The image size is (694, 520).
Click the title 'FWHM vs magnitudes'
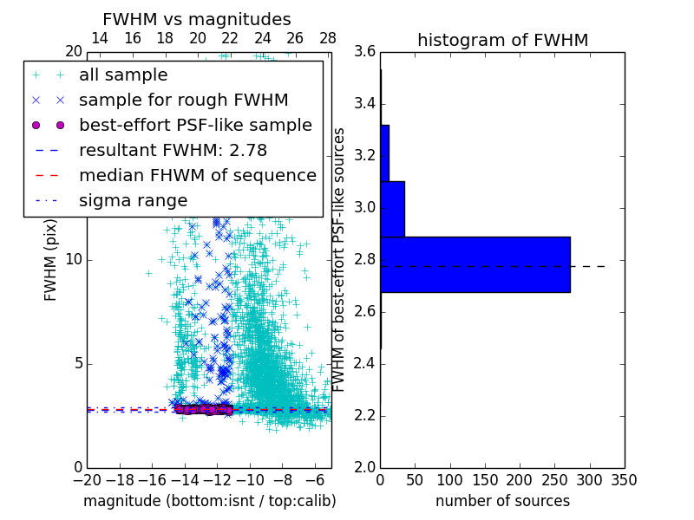197,19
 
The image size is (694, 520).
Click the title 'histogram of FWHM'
502,40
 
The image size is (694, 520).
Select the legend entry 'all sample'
123,75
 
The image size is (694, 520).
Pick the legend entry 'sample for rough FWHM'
183,101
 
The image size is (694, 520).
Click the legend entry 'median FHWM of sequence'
197,176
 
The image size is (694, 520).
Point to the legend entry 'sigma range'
133,201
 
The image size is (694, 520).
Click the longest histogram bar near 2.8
475,264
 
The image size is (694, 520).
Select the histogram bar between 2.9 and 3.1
392,209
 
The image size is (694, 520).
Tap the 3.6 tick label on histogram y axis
364,52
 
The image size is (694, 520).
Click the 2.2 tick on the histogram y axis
364,415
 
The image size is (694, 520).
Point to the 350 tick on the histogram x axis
624,479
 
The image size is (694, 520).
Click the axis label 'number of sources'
502,501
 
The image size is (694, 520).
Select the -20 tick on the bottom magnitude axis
87,479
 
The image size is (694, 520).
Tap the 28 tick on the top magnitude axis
328,38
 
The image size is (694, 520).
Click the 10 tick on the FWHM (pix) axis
73,259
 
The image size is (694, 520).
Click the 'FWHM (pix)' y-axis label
51,259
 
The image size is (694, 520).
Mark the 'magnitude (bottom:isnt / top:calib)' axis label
209,501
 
